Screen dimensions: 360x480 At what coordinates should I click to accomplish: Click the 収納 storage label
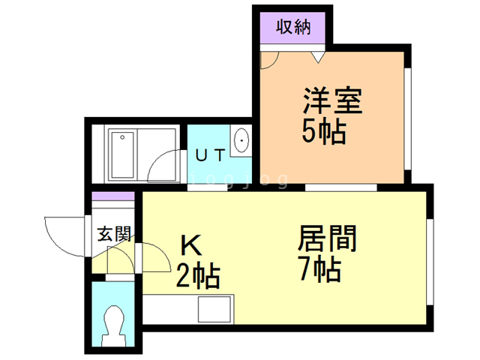293,28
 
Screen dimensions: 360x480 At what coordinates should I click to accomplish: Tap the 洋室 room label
332,101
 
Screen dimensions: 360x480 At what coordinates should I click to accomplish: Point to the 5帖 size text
324,132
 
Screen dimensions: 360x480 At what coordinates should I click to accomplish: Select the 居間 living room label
327,239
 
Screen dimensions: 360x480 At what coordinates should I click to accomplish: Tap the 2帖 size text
197,277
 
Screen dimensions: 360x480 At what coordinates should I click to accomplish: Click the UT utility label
209,156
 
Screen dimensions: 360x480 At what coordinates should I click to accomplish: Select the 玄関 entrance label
114,233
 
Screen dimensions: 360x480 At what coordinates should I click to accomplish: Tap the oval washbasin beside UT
241,141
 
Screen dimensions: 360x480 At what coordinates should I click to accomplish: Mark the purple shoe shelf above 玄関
113,197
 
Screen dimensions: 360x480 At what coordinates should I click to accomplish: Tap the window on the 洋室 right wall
409,120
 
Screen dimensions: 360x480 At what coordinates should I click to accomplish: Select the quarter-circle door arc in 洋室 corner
268,59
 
